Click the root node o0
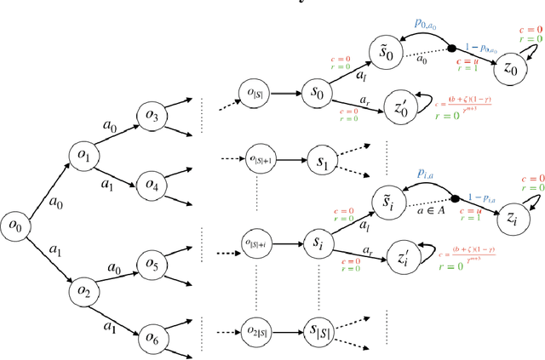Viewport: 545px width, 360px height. (x=14, y=225)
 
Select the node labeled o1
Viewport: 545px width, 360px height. (x=83, y=156)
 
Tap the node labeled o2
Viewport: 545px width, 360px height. (x=83, y=290)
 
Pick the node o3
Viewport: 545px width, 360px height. (x=152, y=114)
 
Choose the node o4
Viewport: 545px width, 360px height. (x=152, y=184)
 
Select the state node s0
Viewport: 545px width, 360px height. (x=317, y=90)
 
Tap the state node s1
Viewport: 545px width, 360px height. (x=317, y=158)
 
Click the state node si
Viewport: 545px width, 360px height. (x=317, y=244)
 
